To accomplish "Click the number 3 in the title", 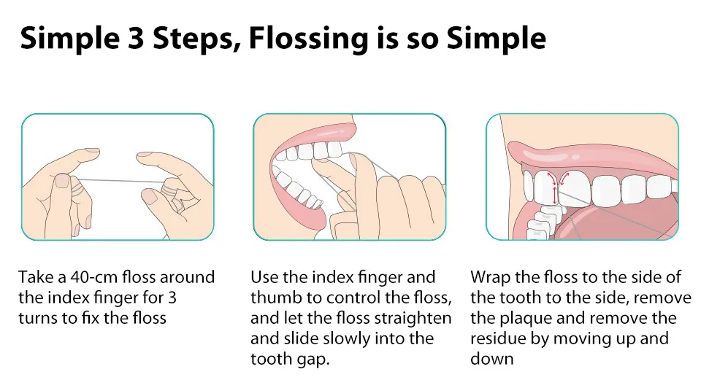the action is coord(136,38).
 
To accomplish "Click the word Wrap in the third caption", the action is coord(490,277).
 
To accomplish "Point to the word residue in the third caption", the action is coord(497,338).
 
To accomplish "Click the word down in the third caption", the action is coord(491,359).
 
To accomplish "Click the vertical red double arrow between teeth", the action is coord(555,195).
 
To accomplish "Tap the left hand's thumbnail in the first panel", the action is coord(61,180).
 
